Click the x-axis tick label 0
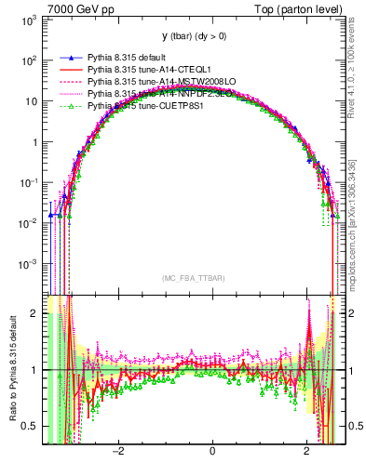(212, 453)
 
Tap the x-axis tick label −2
(118, 453)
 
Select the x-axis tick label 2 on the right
(307, 453)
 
